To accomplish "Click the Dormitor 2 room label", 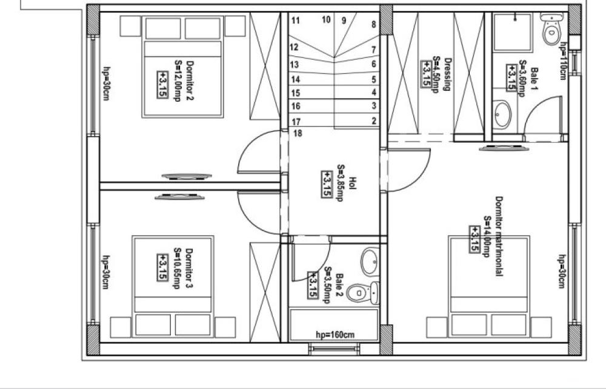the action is (190, 80).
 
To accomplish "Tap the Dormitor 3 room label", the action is (188, 268).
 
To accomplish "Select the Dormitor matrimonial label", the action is (499, 236).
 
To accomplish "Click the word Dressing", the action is (448, 74).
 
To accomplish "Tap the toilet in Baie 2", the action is (362, 293).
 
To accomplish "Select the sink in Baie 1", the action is (502, 114).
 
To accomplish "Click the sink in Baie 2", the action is (370, 261).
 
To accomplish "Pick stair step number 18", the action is (298, 134).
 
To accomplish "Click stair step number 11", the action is (295, 20).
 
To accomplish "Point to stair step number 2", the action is (374, 121).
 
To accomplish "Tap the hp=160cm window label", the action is (335, 335).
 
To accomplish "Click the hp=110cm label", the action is (564, 61).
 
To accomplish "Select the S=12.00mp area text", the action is (178, 80).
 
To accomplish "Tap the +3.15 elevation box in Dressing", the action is (426, 74).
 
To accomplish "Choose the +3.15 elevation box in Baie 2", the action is (312, 285).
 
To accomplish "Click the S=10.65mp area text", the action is (176, 268).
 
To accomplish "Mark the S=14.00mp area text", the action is (487, 237).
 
